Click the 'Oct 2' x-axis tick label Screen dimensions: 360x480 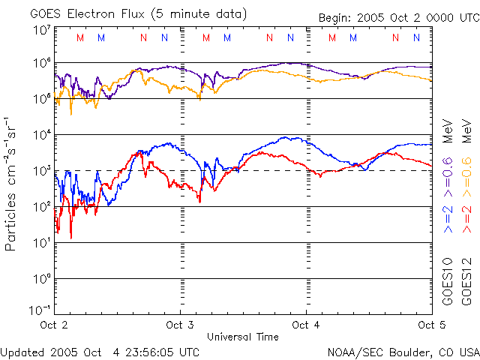(54, 325)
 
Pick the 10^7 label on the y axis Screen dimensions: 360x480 (41, 31)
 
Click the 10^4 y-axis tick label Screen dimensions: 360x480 (41, 135)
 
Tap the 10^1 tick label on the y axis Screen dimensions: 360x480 (41, 243)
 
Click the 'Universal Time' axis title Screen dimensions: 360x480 (242, 337)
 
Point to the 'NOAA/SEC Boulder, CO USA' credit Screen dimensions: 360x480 (403, 352)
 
